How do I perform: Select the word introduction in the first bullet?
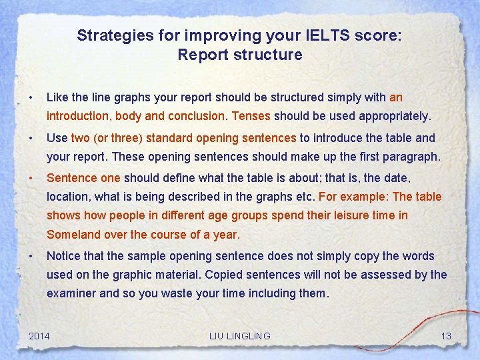pyautogui.click(x=79, y=116)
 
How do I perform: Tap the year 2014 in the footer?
pyautogui.click(x=39, y=335)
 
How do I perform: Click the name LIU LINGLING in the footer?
pyautogui.click(x=239, y=335)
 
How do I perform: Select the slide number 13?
pyautogui.click(x=446, y=335)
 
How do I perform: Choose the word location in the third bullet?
pyautogui.click(x=67, y=197)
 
